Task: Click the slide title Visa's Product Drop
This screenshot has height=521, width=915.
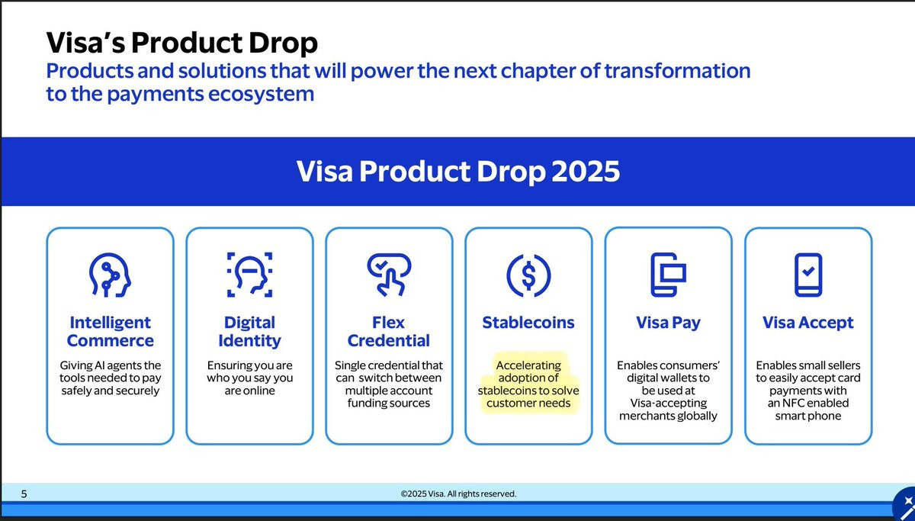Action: pos(181,43)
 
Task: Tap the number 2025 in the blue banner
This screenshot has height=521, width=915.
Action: pos(586,171)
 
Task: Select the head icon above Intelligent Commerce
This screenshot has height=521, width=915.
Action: pos(110,275)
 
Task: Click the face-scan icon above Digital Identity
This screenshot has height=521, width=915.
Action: pos(249,275)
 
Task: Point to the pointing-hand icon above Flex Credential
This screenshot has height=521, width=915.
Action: pos(389,275)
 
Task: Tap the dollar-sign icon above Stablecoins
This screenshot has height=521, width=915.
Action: pos(528,275)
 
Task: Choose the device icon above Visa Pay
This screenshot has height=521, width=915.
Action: pos(668,275)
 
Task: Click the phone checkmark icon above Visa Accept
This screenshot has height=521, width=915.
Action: pos(808,275)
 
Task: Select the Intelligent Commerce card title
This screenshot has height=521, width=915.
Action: pos(110,331)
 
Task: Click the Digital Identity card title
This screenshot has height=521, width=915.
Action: pos(249,331)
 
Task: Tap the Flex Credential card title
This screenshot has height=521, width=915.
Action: pos(388,331)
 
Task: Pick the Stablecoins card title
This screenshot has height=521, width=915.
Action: pos(528,323)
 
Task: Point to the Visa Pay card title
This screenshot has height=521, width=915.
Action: pos(668,323)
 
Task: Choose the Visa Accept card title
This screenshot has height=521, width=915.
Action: pos(808,323)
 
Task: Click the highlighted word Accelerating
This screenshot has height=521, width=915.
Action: pos(528,365)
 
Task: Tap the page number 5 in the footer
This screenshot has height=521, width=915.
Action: pos(24,494)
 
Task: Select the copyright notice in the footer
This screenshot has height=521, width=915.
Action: pos(458,494)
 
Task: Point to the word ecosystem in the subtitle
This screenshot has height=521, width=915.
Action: pos(261,95)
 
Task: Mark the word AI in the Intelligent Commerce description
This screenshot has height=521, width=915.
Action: pos(100,365)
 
